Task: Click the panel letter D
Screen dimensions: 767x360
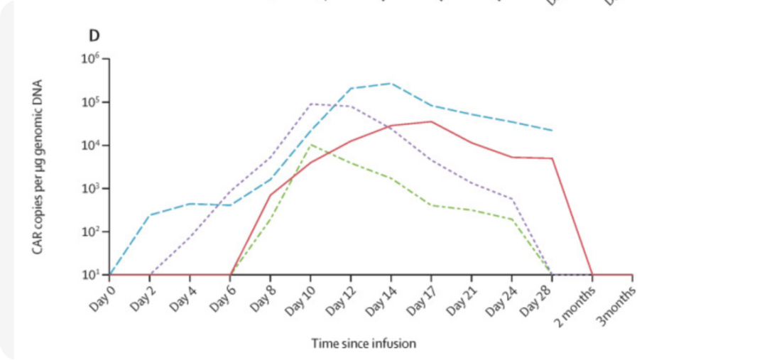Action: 93,36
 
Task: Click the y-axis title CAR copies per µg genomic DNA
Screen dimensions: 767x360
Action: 38,166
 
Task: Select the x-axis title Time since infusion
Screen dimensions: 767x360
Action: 364,344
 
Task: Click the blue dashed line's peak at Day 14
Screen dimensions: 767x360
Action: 391,83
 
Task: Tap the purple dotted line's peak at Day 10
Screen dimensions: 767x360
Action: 310,104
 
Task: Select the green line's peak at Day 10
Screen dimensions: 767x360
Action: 310,145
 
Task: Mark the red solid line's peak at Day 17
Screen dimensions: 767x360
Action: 431,121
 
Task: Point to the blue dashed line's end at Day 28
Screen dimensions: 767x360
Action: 553,131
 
